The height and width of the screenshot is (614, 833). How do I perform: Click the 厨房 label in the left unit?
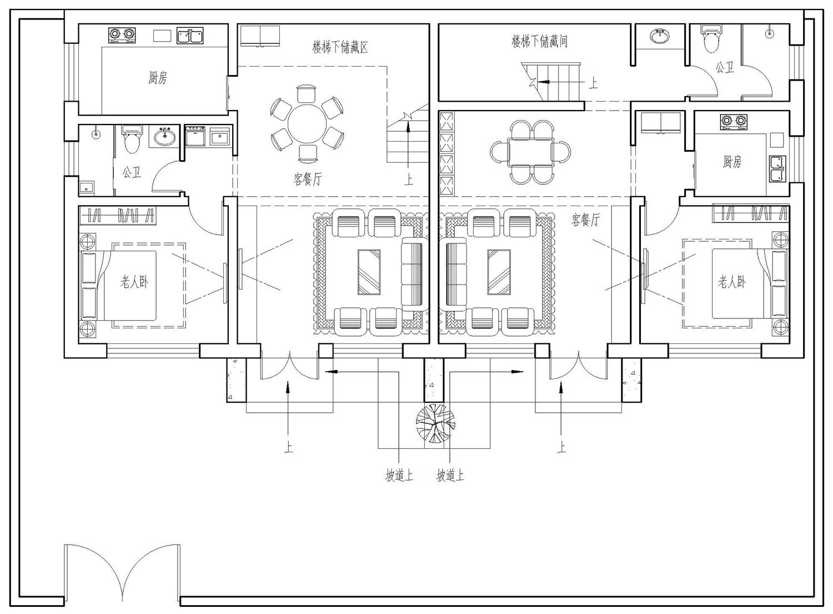[158, 78]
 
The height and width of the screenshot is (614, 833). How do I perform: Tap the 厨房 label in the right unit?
[732, 162]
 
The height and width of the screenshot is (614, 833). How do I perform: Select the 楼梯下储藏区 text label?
[340, 47]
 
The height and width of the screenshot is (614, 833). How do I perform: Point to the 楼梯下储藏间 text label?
[540, 41]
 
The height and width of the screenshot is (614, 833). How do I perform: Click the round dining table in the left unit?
[307, 123]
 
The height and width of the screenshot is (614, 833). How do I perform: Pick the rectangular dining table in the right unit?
[530, 152]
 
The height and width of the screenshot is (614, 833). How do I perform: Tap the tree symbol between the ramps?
[435, 423]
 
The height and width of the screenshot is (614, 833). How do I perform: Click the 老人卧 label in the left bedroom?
[134, 282]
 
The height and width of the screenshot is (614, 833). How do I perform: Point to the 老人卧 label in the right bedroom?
[731, 282]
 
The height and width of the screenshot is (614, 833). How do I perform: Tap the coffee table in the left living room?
[369, 272]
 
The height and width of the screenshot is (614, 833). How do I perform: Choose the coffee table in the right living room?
[499, 272]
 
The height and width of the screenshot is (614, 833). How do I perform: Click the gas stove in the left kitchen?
[121, 35]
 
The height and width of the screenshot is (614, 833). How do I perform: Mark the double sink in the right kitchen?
[777, 169]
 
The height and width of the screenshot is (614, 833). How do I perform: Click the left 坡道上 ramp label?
[399, 476]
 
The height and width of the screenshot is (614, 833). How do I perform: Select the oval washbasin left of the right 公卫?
[660, 36]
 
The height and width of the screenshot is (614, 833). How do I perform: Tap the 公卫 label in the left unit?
[132, 173]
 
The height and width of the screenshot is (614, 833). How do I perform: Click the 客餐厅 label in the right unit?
[585, 220]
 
